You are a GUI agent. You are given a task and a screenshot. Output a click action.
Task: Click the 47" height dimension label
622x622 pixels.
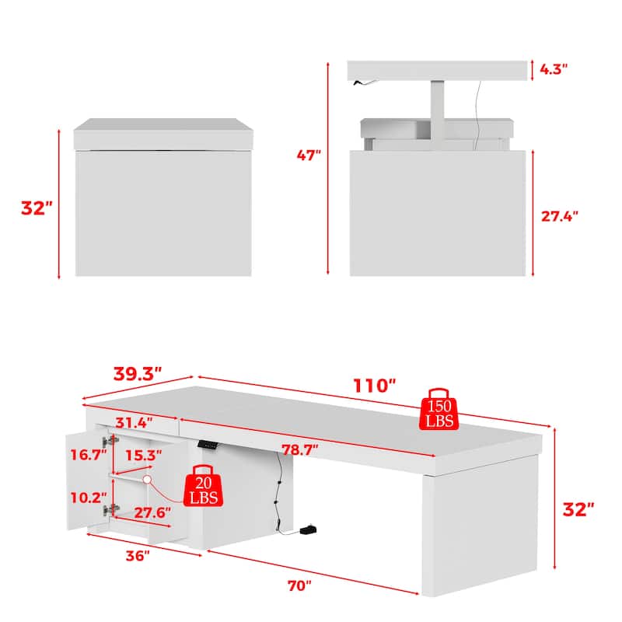pos(309,155)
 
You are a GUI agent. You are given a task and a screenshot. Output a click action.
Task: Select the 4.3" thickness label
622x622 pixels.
pos(553,68)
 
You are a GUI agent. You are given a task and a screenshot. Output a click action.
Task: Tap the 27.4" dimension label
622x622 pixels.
pos(560,217)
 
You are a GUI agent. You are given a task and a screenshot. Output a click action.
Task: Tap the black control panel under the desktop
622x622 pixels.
pos(208,444)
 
